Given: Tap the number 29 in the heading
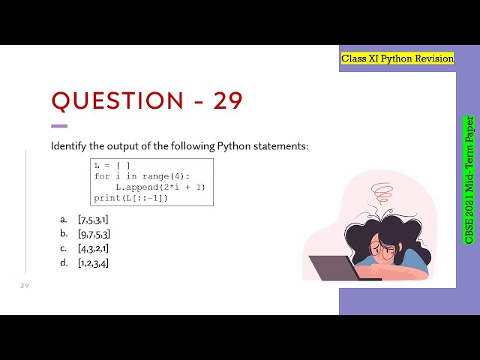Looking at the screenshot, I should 228,101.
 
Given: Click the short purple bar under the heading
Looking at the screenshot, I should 58,126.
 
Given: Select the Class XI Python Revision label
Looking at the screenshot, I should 397,58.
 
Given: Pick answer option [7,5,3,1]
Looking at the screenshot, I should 93,219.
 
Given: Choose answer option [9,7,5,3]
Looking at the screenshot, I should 94,234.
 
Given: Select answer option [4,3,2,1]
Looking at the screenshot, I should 94,248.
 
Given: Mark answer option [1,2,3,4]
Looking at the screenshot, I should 94,262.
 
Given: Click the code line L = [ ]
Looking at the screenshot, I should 112,165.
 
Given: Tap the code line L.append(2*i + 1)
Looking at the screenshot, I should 160,187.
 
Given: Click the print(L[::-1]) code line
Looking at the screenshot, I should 131,198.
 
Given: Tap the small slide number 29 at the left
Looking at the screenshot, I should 24,286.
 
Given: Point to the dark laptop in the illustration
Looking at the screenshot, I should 334,267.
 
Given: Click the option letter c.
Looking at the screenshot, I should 64,248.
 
